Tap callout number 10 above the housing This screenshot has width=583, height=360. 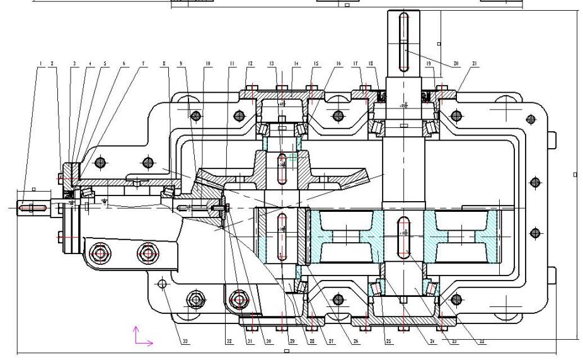[207, 64]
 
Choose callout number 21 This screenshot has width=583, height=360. [473, 64]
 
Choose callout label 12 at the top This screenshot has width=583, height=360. [250, 64]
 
